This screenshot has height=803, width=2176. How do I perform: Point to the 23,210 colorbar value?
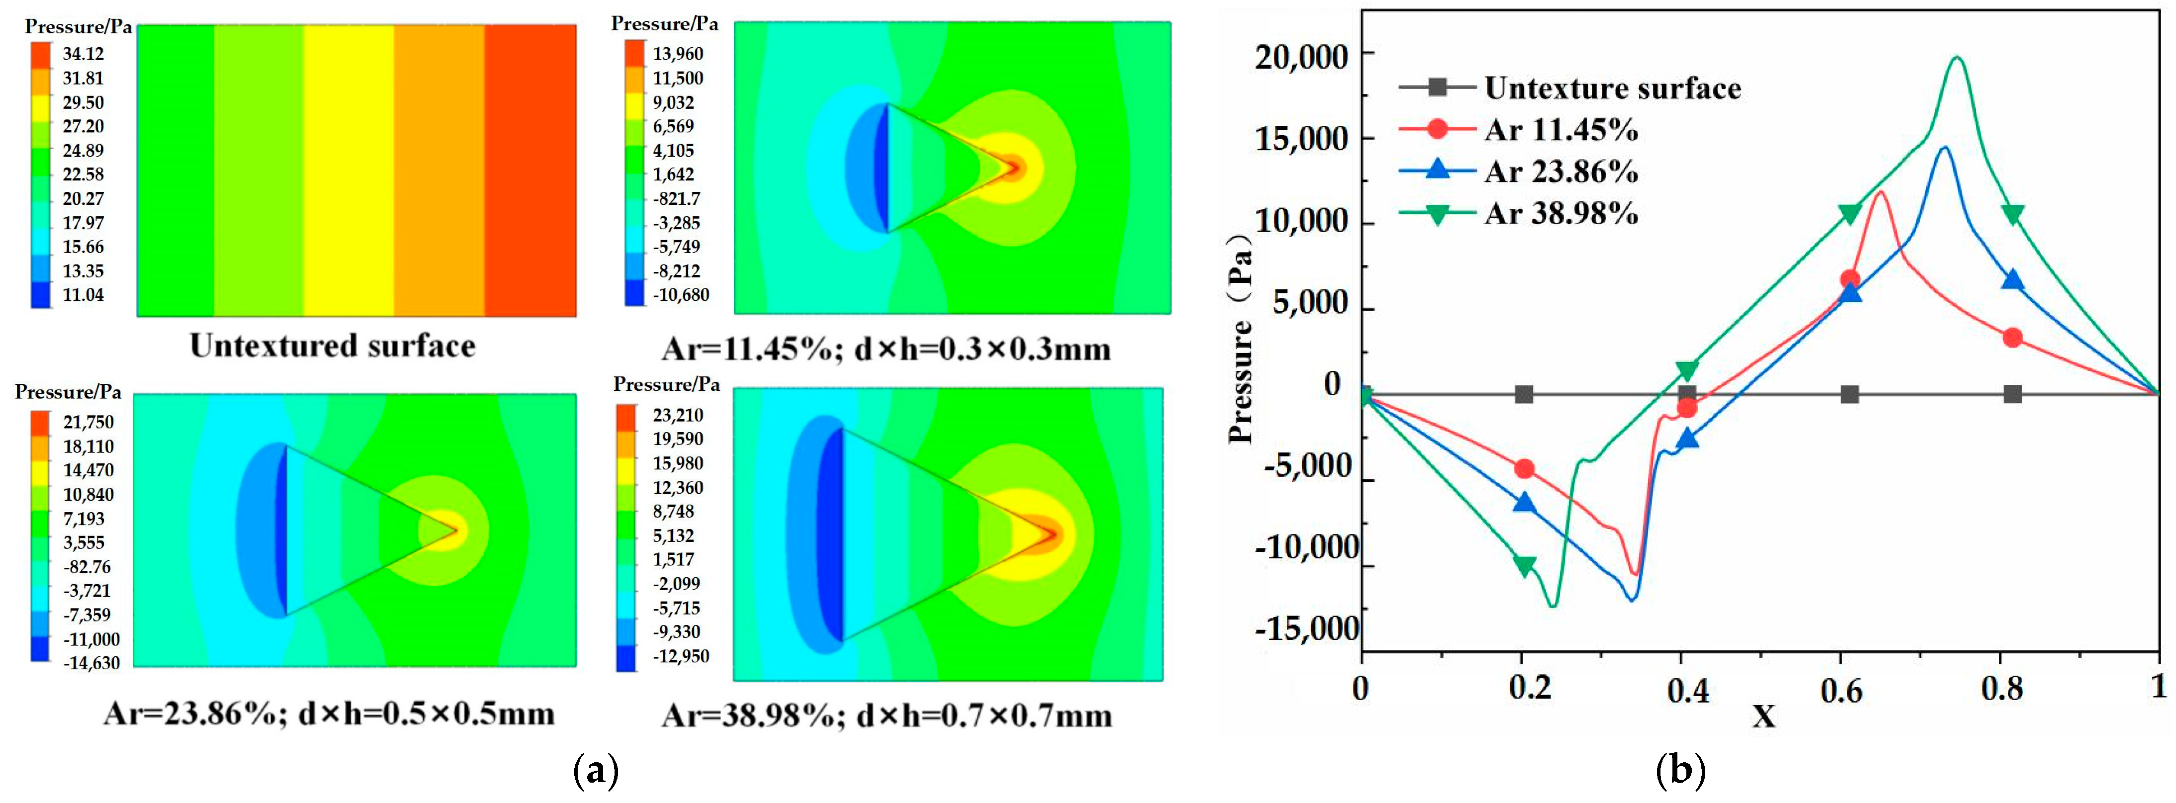677,415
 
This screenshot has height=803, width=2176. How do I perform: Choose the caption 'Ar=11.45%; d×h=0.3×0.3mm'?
886,349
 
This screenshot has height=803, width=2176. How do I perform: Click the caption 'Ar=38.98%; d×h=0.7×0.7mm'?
886,716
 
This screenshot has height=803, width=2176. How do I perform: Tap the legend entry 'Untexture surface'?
1612,88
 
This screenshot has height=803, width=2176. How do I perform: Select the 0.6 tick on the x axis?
1842,691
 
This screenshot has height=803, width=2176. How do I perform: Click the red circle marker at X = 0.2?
1524,469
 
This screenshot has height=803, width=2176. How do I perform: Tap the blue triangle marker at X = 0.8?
2012,279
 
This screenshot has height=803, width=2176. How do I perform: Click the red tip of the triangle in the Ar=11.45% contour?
1014,167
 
